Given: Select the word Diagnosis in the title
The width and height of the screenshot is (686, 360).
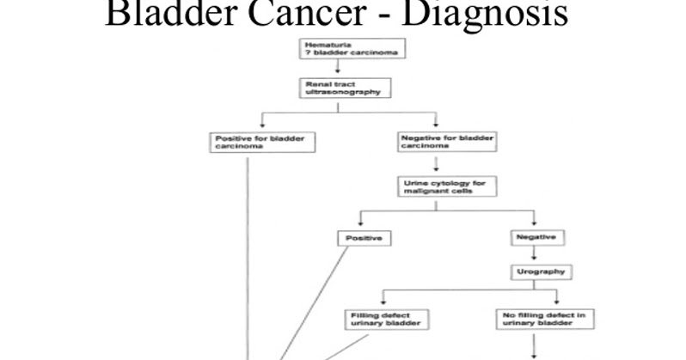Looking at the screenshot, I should click(481, 14).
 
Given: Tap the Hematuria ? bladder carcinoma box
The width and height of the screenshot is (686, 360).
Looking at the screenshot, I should click(352, 49).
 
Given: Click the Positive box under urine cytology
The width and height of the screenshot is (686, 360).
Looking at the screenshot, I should click(365, 237).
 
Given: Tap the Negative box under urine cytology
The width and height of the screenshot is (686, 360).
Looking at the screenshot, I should click(535, 236).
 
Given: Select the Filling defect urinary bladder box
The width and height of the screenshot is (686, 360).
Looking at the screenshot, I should click(386, 319).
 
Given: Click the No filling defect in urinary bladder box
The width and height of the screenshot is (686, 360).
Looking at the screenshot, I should click(544, 319).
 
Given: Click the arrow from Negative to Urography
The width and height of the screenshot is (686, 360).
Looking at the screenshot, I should click(535, 254).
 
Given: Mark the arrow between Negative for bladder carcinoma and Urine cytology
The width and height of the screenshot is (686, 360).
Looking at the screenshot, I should click(437, 164).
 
